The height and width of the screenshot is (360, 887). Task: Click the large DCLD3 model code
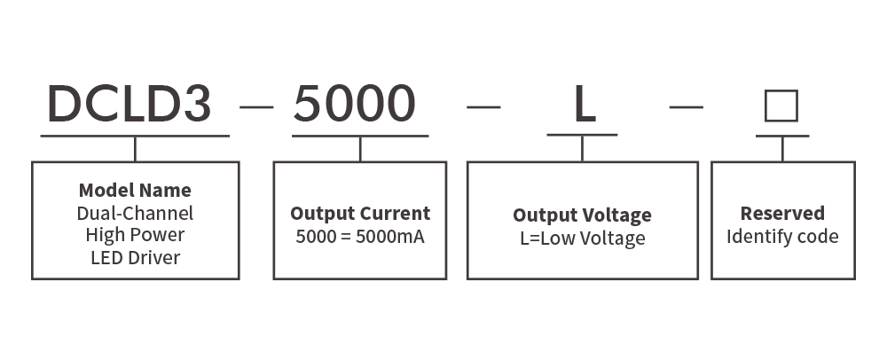[x=129, y=104]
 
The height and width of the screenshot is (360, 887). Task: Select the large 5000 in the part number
[x=355, y=104]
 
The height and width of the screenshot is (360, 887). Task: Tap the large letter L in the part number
[x=585, y=104]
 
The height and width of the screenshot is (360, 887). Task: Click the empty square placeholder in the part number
[x=781, y=106]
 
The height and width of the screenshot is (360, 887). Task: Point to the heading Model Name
[x=135, y=190]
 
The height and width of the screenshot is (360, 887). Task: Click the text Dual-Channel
[x=135, y=213]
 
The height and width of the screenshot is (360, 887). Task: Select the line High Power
[x=135, y=235]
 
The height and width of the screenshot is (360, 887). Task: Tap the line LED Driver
[x=135, y=258]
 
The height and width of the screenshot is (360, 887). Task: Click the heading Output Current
[x=360, y=213]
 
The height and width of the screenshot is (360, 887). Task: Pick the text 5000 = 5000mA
[x=360, y=236]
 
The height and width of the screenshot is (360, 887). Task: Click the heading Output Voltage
[x=582, y=215]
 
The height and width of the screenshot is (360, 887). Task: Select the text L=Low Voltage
[x=583, y=238]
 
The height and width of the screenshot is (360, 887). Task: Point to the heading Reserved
[x=782, y=213]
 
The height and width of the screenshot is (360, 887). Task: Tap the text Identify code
[x=782, y=236]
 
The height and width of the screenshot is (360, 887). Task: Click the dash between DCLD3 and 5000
[x=257, y=106]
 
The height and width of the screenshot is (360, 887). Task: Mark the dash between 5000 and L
[x=483, y=106]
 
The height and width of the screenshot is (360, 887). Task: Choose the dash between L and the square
[x=687, y=106]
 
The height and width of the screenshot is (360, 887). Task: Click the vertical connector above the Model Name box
[x=135, y=149]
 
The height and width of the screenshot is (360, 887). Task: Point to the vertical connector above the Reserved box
[x=782, y=149]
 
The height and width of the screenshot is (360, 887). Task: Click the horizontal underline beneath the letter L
[x=582, y=135]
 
